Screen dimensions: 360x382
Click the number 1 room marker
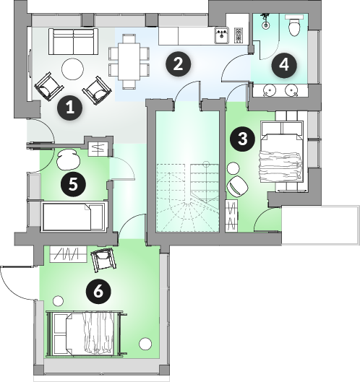pyautogui.click(x=69, y=108)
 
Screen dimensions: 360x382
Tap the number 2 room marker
pyautogui.click(x=178, y=64)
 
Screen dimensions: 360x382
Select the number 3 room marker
pyautogui.click(x=242, y=139)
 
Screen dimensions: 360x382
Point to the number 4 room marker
pyautogui.click(x=284, y=65)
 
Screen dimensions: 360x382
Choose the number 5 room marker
pyautogui.click(x=73, y=184)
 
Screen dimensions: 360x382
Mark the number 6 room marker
pyautogui.click(x=98, y=291)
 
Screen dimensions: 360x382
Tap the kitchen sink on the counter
pyautogui.click(x=222, y=35)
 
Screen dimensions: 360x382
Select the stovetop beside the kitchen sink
pyautogui.click(x=239, y=35)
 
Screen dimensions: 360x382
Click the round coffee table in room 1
pyautogui.click(x=73, y=69)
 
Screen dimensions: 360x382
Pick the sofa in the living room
pyautogui.click(x=73, y=42)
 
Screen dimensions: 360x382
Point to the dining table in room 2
pyautogui.click(x=129, y=61)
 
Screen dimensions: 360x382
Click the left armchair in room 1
pyautogui.click(x=49, y=86)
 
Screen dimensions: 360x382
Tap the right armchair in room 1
pyautogui.click(x=98, y=90)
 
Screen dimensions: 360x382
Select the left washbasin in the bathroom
pyautogui.click(x=269, y=90)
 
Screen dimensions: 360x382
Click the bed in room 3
pyautogui.click(x=282, y=152)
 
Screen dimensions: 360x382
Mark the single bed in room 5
pyautogui.click(x=74, y=217)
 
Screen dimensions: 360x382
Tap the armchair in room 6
pyautogui.click(x=103, y=260)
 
